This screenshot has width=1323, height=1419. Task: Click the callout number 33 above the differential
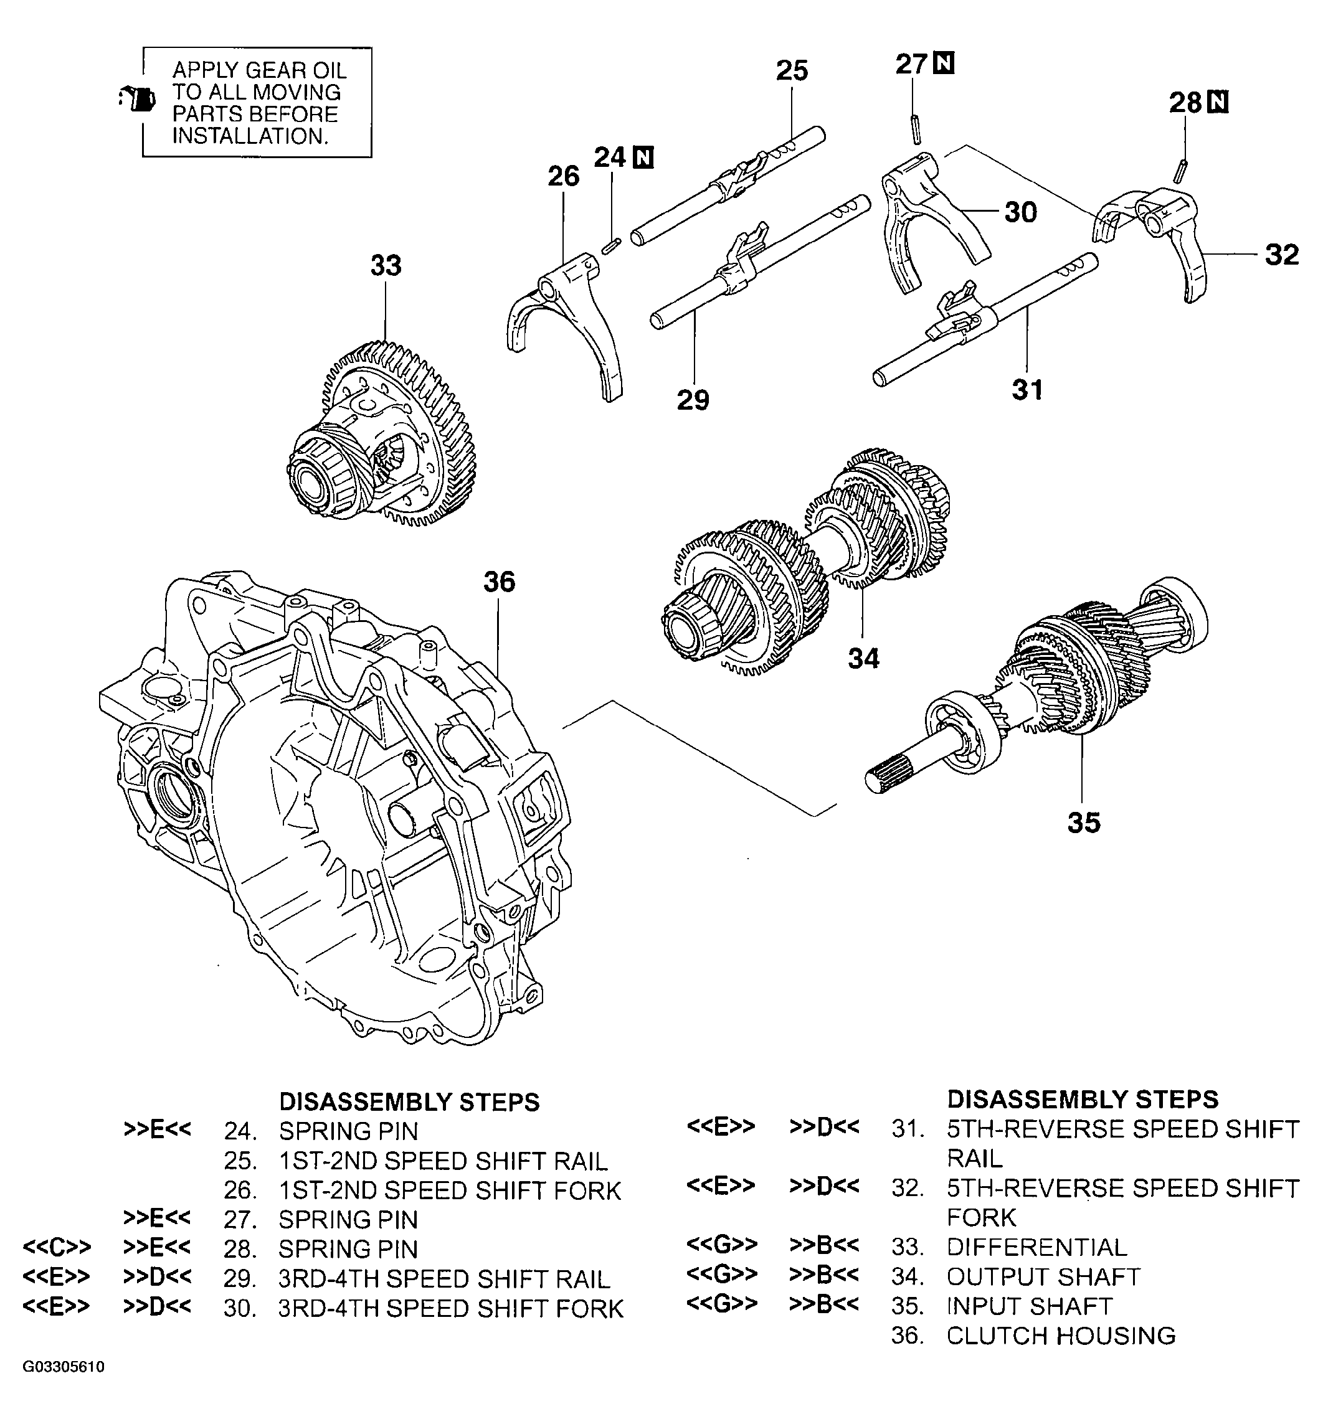click(x=386, y=265)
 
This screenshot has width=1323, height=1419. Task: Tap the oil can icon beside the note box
click(x=138, y=98)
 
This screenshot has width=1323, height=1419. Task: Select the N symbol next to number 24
click(x=643, y=157)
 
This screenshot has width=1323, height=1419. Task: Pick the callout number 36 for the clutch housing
click(x=498, y=582)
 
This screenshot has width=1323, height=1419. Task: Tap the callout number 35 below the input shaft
click(x=1083, y=823)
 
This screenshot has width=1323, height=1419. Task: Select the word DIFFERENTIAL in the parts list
click(x=1036, y=1247)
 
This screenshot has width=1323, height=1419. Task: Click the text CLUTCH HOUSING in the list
click(x=1060, y=1336)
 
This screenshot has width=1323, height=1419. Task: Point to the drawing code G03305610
click(x=64, y=1367)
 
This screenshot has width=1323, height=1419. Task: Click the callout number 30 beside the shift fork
click(x=1020, y=212)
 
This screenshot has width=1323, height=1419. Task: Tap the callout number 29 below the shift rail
click(x=693, y=400)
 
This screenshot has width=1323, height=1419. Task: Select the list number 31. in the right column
click(x=908, y=1129)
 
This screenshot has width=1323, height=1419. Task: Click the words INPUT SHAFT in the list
click(x=1029, y=1306)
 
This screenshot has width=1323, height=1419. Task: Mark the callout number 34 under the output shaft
click(x=863, y=658)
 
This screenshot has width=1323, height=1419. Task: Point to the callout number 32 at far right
click(x=1282, y=255)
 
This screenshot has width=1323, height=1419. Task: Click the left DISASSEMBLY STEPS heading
click(x=409, y=1101)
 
